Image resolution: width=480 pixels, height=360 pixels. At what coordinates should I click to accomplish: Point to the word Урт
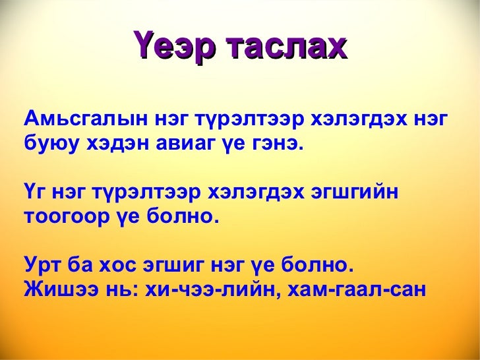click(43, 266)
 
